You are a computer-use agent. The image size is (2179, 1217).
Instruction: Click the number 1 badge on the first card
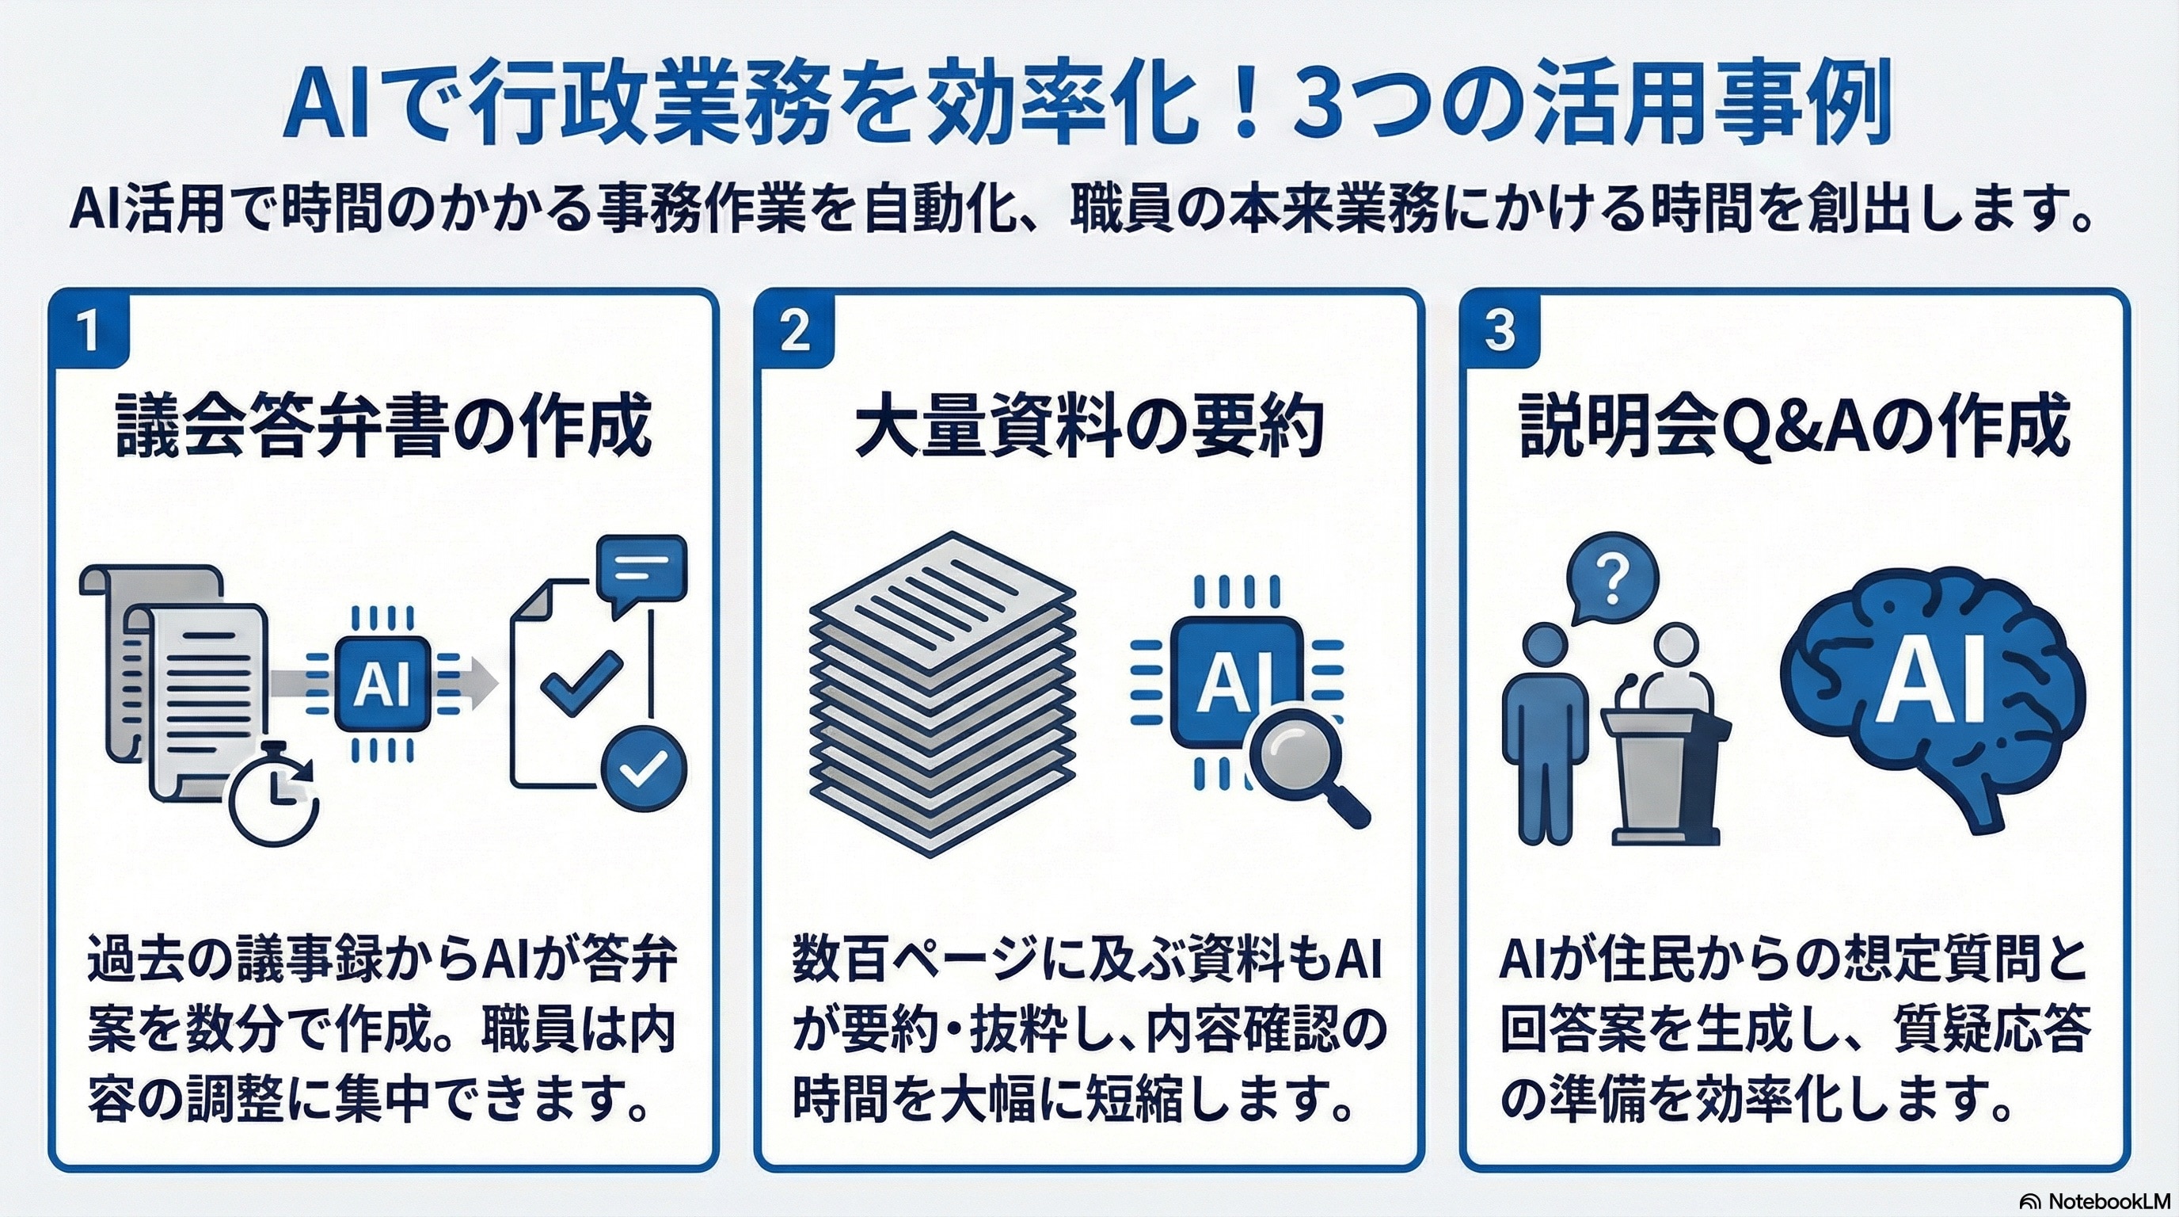89,331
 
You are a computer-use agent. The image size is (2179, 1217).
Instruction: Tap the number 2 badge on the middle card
794,331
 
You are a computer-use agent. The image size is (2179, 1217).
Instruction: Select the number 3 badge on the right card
1500,331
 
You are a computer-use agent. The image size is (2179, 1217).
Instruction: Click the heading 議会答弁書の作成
383,426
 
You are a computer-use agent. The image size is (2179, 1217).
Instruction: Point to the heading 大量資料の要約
1089,428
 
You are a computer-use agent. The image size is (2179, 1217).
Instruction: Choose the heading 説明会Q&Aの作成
1794,428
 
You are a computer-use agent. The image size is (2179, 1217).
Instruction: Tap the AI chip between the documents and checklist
382,684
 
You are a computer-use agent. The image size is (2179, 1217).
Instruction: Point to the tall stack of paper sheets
942,694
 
